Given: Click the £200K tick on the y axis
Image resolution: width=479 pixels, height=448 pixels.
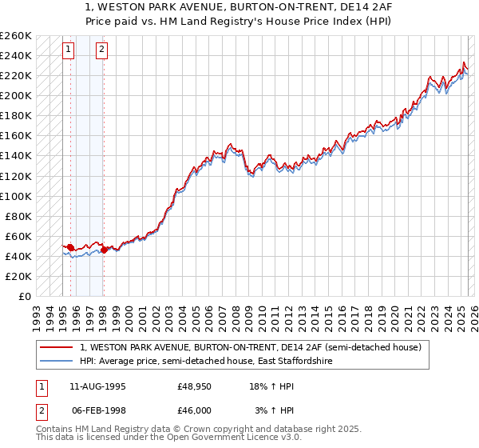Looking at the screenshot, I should tap(16, 96).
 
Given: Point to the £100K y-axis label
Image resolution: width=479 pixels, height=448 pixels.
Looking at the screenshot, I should tap(16, 196).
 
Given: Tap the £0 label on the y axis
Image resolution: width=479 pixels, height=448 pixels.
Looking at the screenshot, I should tap(24, 296).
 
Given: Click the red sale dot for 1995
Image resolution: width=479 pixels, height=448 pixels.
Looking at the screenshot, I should tap(70, 247).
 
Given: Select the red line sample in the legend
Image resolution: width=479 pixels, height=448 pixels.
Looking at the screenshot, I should tap(56, 347).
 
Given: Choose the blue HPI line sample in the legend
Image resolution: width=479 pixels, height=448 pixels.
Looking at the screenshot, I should tap(56, 361).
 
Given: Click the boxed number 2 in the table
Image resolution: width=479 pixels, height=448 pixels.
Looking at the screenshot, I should tap(40, 410).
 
